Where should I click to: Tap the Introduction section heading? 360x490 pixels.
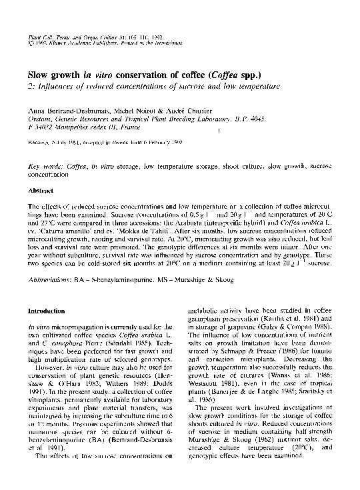pos(46,311)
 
